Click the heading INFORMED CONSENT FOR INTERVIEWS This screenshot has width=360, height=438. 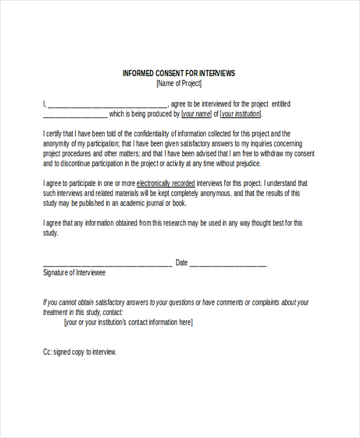[179, 73]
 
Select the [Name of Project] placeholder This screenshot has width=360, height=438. [179, 83]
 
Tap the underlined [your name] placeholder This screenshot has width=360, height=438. [196, 114]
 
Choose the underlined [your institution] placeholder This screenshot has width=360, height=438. [241, 114]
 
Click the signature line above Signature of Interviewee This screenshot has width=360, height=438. [107, 264]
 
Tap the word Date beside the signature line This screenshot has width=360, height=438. [181, 262]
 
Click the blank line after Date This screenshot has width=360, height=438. [228, 264]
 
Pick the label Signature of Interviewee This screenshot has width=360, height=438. [74, 272]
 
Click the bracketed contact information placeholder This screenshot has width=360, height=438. [128, 322]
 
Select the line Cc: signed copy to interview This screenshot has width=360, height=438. [80, 352]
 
